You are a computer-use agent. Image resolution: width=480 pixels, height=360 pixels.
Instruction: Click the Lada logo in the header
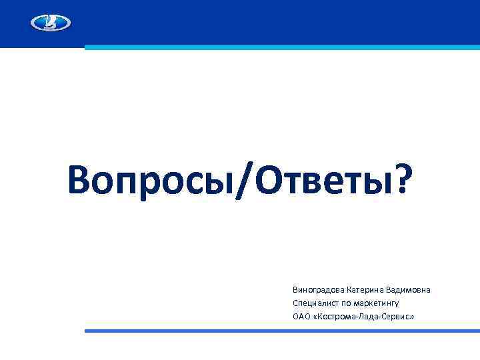point(51,23)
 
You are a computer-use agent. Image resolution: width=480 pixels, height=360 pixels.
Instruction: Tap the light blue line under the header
point(280,47)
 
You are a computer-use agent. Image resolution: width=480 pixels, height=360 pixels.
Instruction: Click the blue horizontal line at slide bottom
point(280,331)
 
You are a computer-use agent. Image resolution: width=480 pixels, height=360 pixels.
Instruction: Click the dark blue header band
point(267,20)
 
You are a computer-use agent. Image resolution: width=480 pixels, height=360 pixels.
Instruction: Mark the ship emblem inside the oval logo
point(51,23)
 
